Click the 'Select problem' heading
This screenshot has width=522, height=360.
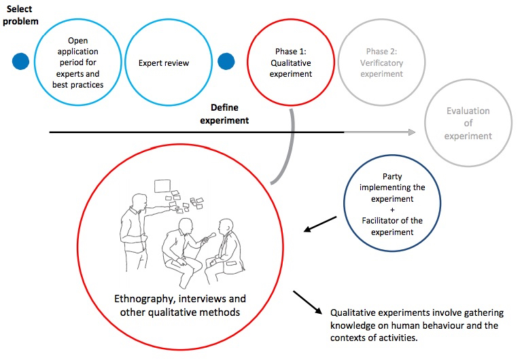coord(20,15)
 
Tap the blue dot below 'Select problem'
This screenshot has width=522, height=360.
coord(21,62)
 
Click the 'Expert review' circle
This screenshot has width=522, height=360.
coord(164,63)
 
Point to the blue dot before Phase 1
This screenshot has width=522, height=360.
coord(226,62)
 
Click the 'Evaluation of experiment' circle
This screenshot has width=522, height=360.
coord(468,123)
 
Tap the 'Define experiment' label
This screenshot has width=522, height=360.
coord(229,114)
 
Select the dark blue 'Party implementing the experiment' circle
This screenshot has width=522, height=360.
coord(392,204)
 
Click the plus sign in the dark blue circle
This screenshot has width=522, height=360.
coord(393,209)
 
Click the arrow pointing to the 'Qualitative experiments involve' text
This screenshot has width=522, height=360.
coord(308,302)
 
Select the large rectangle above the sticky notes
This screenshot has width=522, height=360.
coord(162,185)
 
